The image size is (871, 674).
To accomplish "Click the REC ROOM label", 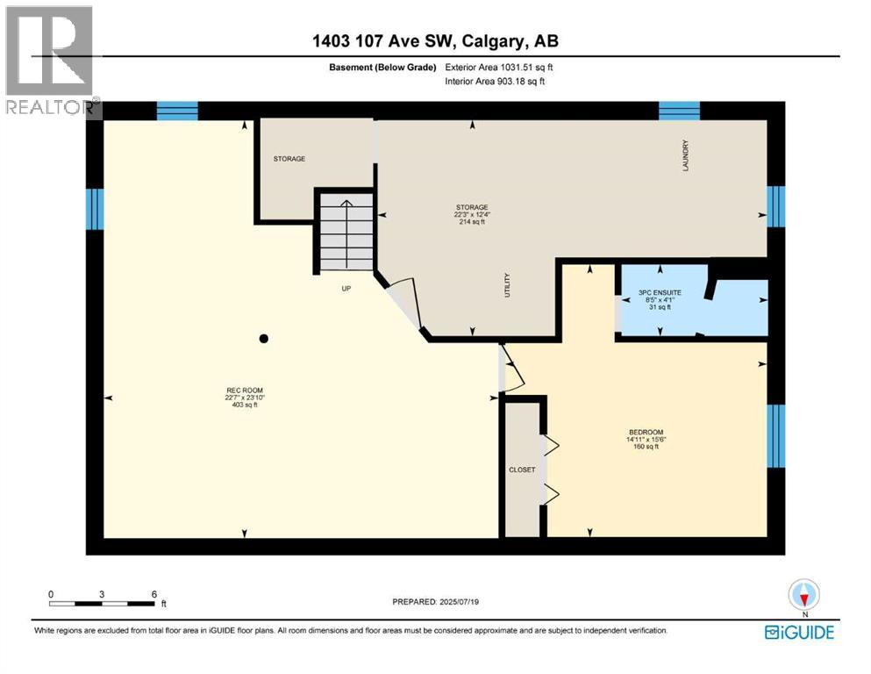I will coord(244,390).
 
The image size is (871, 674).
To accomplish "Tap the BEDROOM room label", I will coord(645,432).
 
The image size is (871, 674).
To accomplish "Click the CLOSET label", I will coord(522,470).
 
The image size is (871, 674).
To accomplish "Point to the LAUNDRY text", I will coord(687,156).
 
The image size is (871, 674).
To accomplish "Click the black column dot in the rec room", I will coord(263,339).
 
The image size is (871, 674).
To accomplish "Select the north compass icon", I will coord(803,596).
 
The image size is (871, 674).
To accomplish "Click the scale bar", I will coord(103,603).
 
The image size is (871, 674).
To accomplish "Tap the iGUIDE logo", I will coord(798,632).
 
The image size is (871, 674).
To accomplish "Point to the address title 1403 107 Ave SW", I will coord(435,40).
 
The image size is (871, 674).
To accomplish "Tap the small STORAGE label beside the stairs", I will coord(289,159).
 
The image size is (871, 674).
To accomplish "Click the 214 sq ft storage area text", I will coord(470,222).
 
